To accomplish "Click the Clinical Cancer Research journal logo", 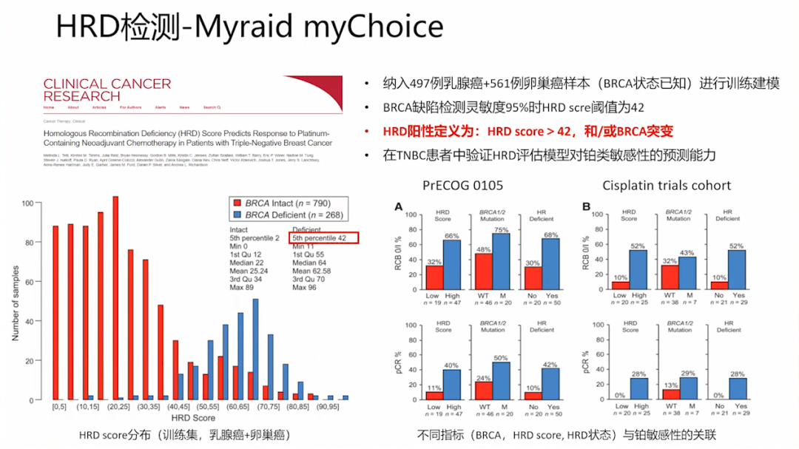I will (107, 90).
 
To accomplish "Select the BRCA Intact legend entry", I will (282, 203).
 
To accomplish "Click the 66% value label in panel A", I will (452, 235).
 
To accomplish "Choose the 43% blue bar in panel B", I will (687, 272).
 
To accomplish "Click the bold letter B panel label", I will (587, 207).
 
